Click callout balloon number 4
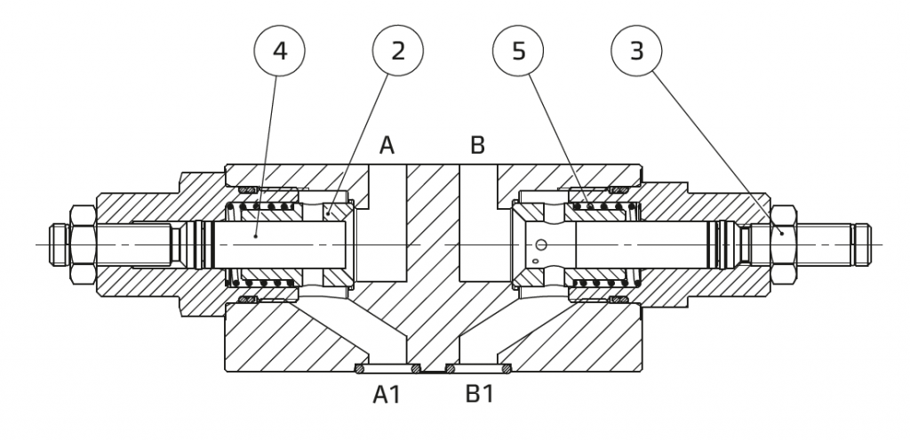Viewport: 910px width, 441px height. pyautogui.click(x=279, y=51)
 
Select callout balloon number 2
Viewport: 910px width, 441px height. pyautogui.click(x=397, y=51)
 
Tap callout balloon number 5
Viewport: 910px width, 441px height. pyautogui.click(x=518, y=51)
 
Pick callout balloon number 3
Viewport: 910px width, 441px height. pyautogui.click(x=636, y=51)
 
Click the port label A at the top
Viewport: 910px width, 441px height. pyautogui.click(x=387, y=145)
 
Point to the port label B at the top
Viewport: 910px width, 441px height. pyautogui.click(x=477, y=145)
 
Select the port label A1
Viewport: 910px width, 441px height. pyautogui.click(x=387, y=395)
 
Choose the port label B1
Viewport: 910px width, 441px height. pyautogui.click(x=479, y=394)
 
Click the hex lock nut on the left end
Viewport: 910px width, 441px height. pyautogui.click(x=83, y=245)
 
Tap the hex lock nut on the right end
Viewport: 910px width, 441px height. pyautogui.click(x=784, y=245)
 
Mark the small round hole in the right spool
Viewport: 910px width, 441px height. pyautogui.click(x=541, y=245)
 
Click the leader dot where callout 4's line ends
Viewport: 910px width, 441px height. pyautogui.click(x=256, y=237)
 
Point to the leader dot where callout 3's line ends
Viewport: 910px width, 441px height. pyautogui.click(x=782, y=233)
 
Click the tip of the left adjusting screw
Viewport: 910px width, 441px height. pyautogui.click(x=51, y=245)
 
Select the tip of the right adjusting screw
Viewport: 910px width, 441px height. pyautogui.click(x=870, y=245)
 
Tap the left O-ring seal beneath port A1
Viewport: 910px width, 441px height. pyautogui.click(x=360, y=368)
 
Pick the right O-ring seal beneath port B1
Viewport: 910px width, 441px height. pyautogui.click(x=507, y=368)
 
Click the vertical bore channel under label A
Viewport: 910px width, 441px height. pyautogui.click(x=387, y=223)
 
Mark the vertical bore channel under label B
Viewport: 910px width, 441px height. pyautogui.click(x=478, y=223)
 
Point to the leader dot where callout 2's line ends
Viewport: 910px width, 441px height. pyautogui.click(x=328, y=213)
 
